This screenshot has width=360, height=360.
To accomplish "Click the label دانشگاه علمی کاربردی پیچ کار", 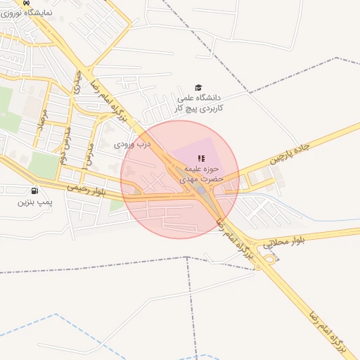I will click(199, 103).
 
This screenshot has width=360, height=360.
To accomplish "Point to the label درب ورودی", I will click(133, 143).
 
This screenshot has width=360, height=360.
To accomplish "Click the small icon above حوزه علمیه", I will click(201, 158).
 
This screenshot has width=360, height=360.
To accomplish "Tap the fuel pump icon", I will click(34, 191).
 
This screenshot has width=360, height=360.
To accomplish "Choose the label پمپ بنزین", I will click(34, 202).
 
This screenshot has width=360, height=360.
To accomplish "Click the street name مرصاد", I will click(41, 121).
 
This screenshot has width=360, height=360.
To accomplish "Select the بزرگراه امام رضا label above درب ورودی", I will click(105, 102).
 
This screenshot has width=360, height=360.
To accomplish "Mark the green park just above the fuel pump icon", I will click(44, 165).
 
